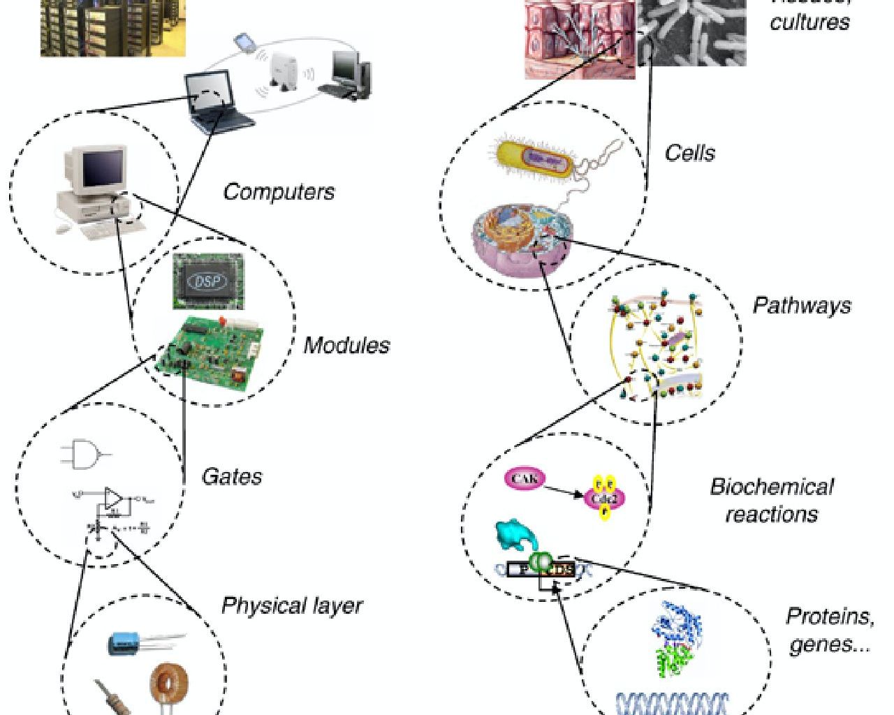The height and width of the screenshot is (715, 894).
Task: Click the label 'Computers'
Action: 279,192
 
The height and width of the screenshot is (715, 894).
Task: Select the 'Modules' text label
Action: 346,345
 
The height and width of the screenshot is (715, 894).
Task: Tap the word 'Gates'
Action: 232,477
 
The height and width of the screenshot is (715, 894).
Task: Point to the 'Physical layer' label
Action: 292,605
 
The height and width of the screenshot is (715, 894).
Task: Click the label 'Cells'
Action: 689,153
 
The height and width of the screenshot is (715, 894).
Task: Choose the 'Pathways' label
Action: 802,306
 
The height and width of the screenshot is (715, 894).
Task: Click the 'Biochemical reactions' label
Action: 771,500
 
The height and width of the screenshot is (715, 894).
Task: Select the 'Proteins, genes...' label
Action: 830,630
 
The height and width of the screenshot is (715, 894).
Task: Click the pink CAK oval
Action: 524,479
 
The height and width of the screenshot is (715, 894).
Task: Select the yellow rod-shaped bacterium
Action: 535,158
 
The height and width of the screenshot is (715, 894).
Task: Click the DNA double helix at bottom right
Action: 672,702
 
